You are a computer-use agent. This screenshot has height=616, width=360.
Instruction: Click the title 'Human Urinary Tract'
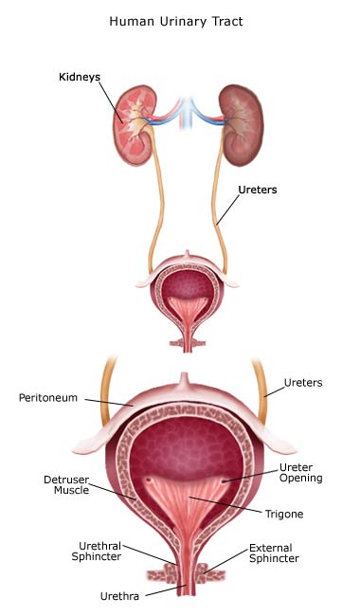point(176,21)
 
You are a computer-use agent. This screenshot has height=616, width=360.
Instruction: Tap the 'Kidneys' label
point(80,77)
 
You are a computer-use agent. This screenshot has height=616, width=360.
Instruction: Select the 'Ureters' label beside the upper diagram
point(258,190)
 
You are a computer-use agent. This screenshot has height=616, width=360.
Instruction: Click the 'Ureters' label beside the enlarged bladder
point(303,383)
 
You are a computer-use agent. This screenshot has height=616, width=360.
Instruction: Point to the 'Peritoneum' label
point(48,398)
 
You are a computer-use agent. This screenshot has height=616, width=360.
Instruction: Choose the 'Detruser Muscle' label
point(66,485)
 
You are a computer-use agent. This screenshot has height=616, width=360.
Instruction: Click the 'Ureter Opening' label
point(300,473)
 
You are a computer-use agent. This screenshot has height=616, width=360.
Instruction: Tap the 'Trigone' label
point(284,514)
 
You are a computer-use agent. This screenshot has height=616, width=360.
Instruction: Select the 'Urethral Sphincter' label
point(97,552)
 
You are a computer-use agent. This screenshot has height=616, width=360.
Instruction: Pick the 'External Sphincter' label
point(274,553)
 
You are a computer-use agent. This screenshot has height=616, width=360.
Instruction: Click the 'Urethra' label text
point(119,596)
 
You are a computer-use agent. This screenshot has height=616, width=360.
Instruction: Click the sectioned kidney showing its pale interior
point(133,126)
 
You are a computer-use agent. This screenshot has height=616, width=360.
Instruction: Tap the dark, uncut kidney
point(241,125)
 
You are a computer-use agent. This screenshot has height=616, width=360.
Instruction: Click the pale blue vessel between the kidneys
point(188,113)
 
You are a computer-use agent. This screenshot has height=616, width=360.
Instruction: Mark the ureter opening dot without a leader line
point(149,480)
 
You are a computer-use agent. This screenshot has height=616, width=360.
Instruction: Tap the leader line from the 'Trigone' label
point(225,505)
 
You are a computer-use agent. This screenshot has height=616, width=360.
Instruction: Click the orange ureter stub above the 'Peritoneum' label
point(108,389)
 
